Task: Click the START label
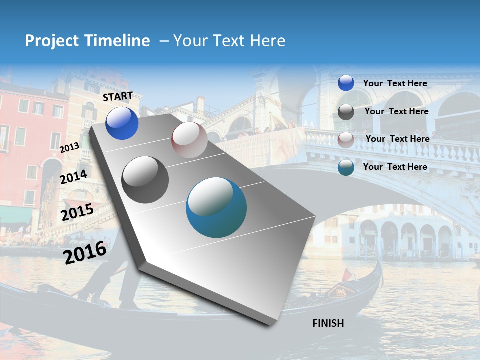click(x=118, y=96)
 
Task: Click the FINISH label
click(x=328, y=323)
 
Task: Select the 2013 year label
click(x=69, y=148)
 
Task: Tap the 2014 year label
click(x=74, y=177)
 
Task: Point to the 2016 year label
click(x=85, y=252)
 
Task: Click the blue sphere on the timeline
click(x=122, y=123)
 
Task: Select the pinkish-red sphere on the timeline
click(x=189, y=139)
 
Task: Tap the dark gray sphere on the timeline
click(x=145, y=179)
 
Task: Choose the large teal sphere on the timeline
click(x=216, y=207)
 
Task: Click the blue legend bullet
click(x=346, y=83)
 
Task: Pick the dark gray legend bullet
click(x=346, y=112)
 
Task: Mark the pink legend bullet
click(x=346, y=139)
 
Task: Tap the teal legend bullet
click(x=346, y=167)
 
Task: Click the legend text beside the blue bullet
click(x=395, y=83)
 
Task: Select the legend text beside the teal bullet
click(x=395, y=167)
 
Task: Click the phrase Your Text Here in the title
click(x=229, y=41)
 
